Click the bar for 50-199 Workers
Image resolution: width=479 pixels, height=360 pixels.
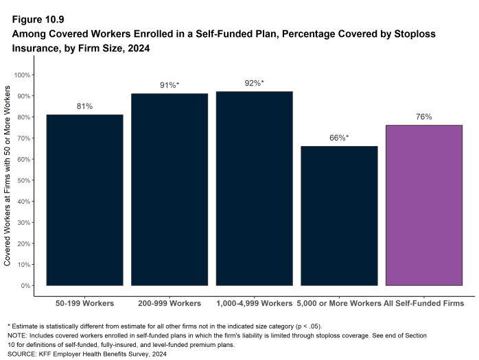(x=84, y=200)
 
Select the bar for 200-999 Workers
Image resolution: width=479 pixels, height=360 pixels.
(x=170, y=189)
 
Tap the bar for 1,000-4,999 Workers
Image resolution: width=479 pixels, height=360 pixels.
(x=254, y=189)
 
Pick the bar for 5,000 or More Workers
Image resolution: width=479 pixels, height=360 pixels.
(x=339, y=215)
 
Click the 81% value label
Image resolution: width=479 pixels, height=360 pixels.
(x=84, y=106)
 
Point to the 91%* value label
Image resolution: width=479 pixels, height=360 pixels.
(x=170, y=85)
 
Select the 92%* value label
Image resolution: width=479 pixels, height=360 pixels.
(x=254, y=83)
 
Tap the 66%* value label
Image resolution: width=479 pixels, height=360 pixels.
(x=339, y=138)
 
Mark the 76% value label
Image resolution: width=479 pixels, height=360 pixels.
(x=423, y=117)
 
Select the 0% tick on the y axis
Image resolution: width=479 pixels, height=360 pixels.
(x=26, y=285)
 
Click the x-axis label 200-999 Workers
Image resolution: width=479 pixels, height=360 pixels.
(x=170, y=302)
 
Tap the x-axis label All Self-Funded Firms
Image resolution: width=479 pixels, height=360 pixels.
(x=423, y=302)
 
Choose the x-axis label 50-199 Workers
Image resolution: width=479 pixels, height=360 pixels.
(x=84, y=302)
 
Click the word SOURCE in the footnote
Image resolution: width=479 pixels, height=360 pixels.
(x=21, y=355)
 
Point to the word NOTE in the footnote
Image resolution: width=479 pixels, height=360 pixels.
(x=18, y=335)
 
